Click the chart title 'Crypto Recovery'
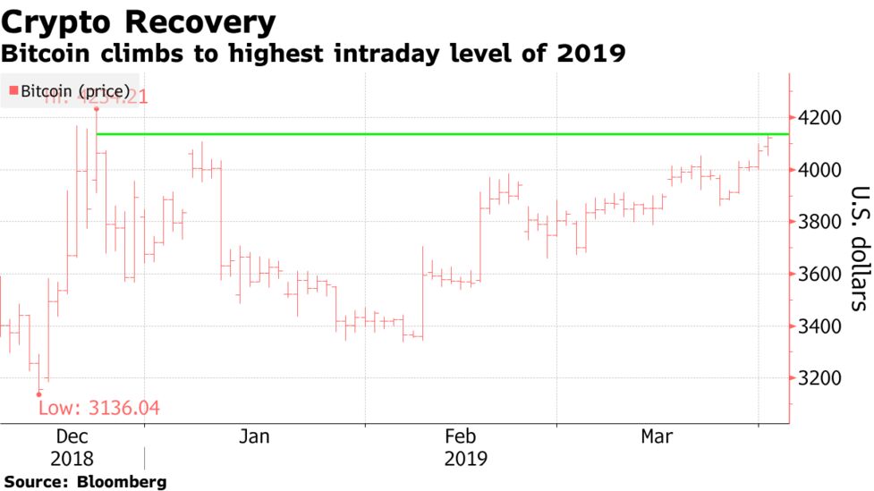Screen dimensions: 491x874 [139, 21]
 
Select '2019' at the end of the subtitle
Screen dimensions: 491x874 [593, 54]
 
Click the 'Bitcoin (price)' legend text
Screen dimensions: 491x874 [76, 91]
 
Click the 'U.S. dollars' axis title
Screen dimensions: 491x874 [858, 248]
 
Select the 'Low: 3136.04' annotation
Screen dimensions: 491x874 [98, 409]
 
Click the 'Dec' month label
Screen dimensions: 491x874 [72, 436]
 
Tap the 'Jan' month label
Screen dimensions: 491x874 [254, 436]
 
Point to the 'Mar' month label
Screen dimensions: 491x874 [657, 436]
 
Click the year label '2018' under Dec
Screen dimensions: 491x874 [72, 459]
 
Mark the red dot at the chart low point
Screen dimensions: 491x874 [38, 394]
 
